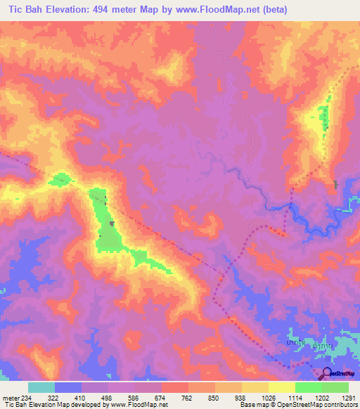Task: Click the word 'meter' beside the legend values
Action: tap(11, 397)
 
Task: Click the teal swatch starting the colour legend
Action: tap(41, 387)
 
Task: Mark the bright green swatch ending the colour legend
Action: tap(335, 387)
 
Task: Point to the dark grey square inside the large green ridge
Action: tap(112, 223)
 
